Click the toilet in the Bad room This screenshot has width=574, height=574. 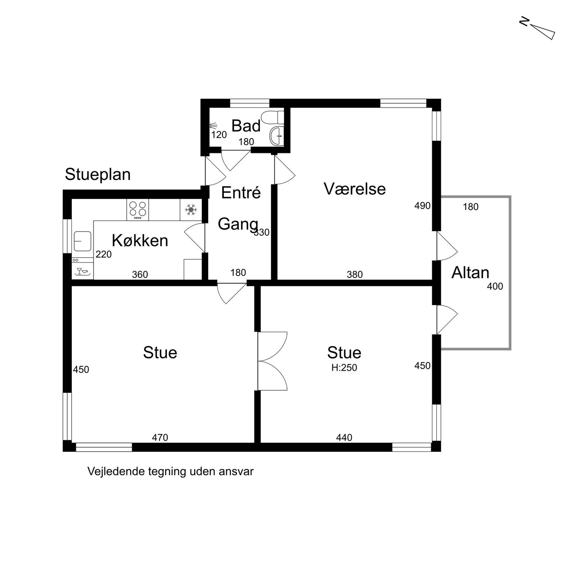point(272,117)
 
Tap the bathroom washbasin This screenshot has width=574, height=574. point(277,136)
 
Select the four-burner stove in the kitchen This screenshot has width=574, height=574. point(138,210)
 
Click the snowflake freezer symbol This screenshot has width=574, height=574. point(191,210)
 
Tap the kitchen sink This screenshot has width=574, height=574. point(82,241)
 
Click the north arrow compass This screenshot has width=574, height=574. point(539,30)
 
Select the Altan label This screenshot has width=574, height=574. point(470,273)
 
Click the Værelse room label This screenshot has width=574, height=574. point(355,189)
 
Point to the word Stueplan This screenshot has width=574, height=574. point(98,175)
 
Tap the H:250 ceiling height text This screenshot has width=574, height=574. point(344,368)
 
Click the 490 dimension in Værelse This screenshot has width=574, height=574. point(422,205)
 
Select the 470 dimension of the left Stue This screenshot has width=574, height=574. point(160,437)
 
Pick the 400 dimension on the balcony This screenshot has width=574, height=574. point(495,286)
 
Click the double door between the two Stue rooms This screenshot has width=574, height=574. point(272,361)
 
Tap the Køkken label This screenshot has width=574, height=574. point(140,241)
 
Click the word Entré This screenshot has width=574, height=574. point(241,192)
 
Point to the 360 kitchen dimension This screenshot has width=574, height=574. point(140,274)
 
